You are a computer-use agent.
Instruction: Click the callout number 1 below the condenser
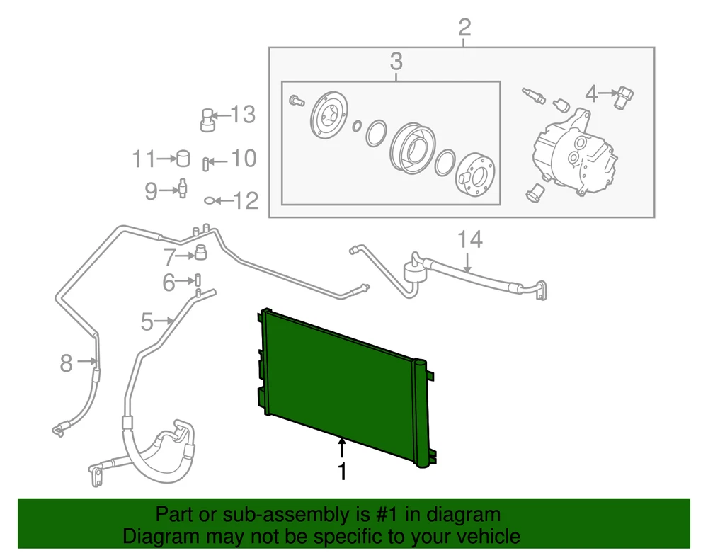click(x=343, y=471)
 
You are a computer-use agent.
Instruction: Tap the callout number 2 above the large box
click(x=464, y=28)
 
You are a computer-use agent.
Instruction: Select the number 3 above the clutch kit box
click(x=396, y=62)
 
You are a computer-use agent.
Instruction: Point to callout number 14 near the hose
click(x=469, y=239)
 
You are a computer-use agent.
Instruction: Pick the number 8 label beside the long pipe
click(x=66, y=364)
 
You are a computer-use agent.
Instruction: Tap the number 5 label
click(x=146, y=322)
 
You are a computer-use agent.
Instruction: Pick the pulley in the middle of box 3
click(x=411, y=146)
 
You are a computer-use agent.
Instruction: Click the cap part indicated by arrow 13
click(x=207, y=120)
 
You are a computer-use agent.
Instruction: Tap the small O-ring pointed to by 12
click(x=210, y=201)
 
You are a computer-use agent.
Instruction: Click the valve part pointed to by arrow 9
click(x=182, y=189)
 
